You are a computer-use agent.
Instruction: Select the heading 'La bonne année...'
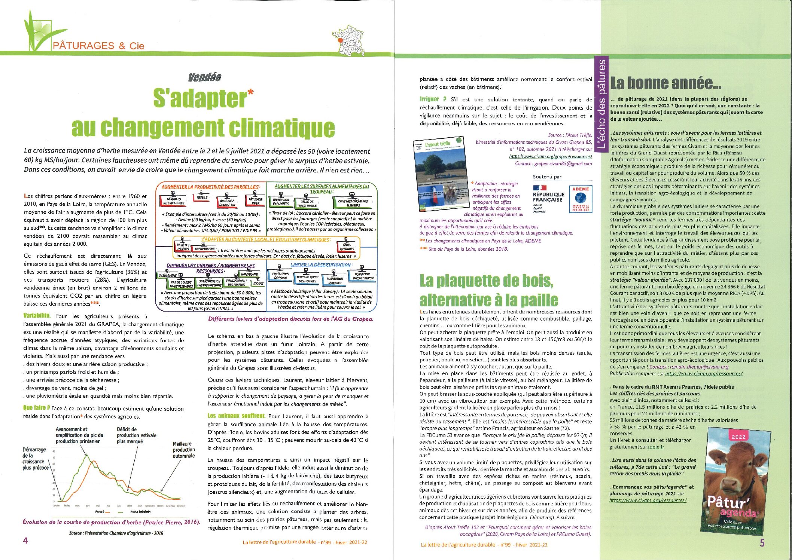(666, 83)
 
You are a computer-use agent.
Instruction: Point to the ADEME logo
(580, 199)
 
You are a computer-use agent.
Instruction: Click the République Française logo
(548, 198)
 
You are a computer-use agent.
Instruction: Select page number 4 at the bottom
(25, 540)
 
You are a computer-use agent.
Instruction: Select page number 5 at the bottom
(762, 543)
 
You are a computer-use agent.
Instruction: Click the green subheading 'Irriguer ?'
(433, 100)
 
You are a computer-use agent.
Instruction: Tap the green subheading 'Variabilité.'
(37, 316)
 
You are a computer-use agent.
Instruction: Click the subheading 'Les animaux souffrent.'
(236, 416)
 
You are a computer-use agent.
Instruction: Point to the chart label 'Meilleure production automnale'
(183, 450)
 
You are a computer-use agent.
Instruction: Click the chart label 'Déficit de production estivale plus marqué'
(136, 435)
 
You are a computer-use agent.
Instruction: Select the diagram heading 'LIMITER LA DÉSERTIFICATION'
(321, 265)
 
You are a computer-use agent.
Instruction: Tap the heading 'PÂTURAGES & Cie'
(98, 46)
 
